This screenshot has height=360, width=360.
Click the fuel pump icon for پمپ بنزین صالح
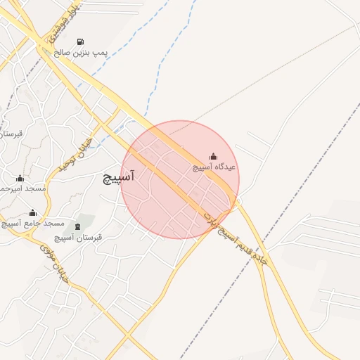(x=81, y=41)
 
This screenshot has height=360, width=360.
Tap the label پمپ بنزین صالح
(x=81, y=53)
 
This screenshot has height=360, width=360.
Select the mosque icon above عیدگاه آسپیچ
(x=213, y=156)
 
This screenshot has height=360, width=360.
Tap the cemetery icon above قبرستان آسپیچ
(x=77, y=226)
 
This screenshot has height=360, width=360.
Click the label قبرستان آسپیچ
(x=78, y=238)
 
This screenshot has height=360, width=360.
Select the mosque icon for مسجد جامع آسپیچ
(x=32, y=212)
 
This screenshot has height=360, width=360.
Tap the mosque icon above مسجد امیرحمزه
(x=20, y=178)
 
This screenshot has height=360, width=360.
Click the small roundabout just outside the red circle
(x=236, y=203)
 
